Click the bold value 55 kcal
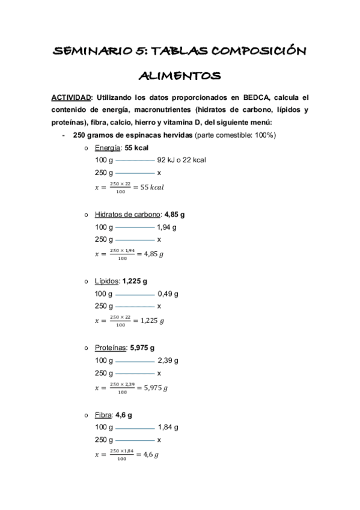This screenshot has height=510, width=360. [137, 148]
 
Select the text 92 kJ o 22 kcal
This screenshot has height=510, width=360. [182, 161]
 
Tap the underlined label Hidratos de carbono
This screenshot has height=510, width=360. [127, 215]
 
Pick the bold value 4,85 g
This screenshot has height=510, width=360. [174, 215]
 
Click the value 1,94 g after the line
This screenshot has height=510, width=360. [166, 227]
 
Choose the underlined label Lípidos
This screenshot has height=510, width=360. [107, 281]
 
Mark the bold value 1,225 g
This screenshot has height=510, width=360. [135, 281]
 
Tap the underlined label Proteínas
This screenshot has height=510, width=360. [111, 348]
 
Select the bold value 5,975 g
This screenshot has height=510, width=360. [142, 348]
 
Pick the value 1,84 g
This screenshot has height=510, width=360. [168, 428]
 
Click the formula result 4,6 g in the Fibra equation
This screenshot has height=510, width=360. [150, 455]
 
